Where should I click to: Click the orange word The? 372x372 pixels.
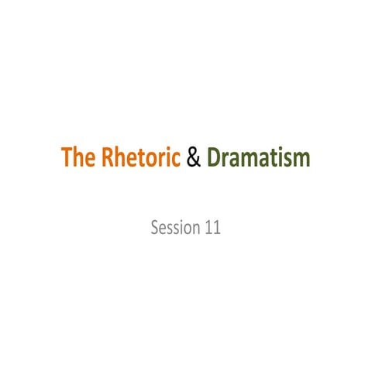(x=77, y=159)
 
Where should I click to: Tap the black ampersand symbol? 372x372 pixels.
(x=194, y=159)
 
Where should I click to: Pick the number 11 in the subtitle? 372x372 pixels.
(x=212, y=229)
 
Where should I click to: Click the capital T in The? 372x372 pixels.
(x=67, y=159)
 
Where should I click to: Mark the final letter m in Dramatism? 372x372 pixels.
(x=302, y=160)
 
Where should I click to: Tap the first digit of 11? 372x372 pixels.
(x=207, y=229)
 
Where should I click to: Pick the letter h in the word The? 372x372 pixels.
(x=78, y=159)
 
